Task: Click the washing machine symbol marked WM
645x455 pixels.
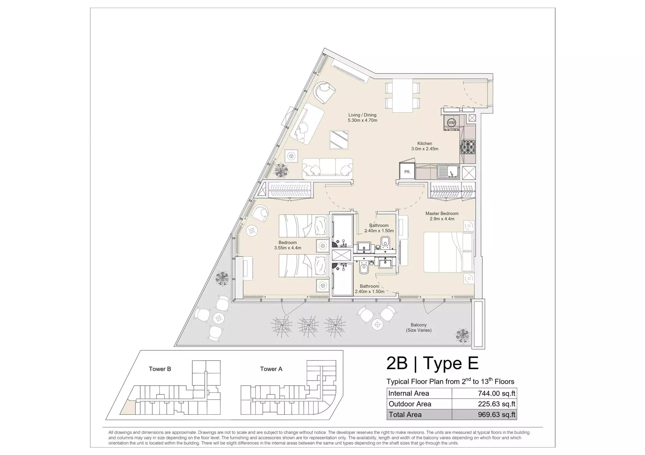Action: [451, 123]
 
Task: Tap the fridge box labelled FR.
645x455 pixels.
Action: [407, 172]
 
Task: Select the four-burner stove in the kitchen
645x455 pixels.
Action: [468, 147]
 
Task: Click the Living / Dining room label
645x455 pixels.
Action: [362, 118]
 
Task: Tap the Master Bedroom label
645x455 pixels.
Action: [442, 216]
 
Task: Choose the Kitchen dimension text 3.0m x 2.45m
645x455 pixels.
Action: [425, 149]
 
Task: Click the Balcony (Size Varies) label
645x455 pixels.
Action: [418, 328]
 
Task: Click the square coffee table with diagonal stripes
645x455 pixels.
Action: [339, 140]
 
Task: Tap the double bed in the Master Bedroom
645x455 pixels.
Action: [448, 252]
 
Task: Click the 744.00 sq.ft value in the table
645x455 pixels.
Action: [497, 393]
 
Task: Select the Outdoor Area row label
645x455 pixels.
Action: [410, 404]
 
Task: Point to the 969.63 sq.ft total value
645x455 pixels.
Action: [497, 414]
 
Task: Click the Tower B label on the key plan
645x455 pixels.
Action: [160, 369]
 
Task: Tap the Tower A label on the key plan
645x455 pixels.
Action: [271, 369]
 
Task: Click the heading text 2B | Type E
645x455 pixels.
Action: [432, 363]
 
